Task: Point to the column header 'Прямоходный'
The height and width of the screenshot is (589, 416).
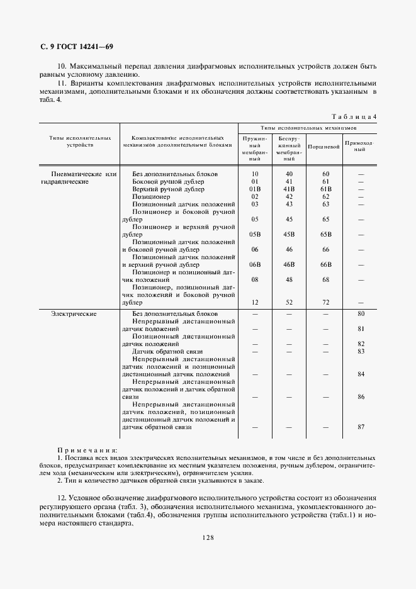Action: [361, 146]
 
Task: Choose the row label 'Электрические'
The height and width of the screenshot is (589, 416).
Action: [74, 313]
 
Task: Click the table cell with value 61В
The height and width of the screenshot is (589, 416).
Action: [325, 189]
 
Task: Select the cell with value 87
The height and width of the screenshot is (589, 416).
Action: [361, 427]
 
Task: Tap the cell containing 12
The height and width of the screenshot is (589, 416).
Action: [255, 302]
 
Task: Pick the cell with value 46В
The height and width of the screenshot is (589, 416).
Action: [290, 264]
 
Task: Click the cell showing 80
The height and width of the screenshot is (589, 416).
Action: [361, 313]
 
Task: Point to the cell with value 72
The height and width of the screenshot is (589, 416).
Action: [325, 302]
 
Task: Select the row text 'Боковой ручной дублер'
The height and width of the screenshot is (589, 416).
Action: [168, 181]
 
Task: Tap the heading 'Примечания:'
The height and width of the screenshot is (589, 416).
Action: [87, 451]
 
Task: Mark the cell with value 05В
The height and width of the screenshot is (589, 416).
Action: [255, 234]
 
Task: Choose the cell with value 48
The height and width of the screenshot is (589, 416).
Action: [290, 279]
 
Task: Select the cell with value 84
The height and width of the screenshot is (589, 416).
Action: [361, 374]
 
